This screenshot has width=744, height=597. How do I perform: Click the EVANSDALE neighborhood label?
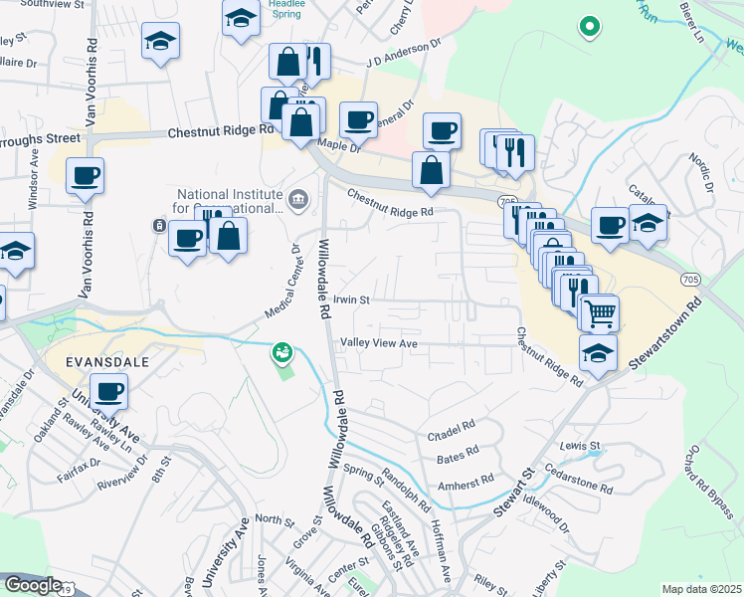coord(94,360)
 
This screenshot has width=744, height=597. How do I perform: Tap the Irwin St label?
coord(351,298)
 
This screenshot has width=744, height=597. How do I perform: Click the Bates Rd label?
coord(457,459)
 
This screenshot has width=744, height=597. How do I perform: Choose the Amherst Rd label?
coord(467,481)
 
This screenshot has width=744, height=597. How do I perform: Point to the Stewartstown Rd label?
coord(668,332)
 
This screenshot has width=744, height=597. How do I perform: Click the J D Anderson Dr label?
coord(402,52)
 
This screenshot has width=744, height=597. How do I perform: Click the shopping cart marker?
coord(600,313)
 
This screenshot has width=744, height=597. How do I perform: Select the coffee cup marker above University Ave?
coord(109,391)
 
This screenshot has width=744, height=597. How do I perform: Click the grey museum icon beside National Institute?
coord(297,202)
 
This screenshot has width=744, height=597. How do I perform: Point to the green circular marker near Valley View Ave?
coord(282,351)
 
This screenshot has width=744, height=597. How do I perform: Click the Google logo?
coord(33,585)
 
